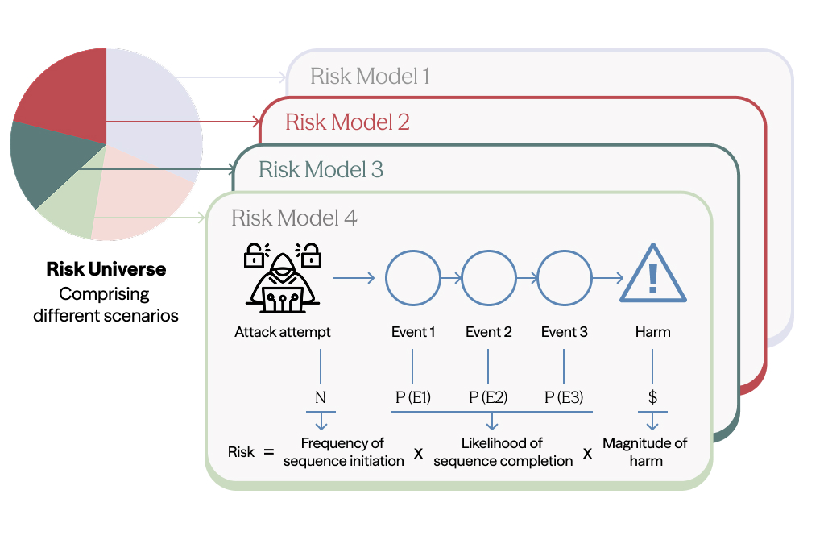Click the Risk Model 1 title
point(370,77)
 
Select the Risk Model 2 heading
point(347,122)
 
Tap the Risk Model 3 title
point(321,170)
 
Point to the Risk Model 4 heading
point(294,218)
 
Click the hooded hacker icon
point(283,278)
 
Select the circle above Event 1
point(412,279)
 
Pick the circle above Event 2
point(488,279)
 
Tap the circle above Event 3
point(564,279)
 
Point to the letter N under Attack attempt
point(321,397)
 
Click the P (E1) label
point(412,397)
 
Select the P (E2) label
point(488,397)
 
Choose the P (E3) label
point(565,397)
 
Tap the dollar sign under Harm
point(652,397)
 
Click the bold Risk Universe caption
point(106,269)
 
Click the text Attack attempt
point(283,332)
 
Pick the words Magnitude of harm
point(645,452)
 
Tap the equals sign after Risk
point(268,452)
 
